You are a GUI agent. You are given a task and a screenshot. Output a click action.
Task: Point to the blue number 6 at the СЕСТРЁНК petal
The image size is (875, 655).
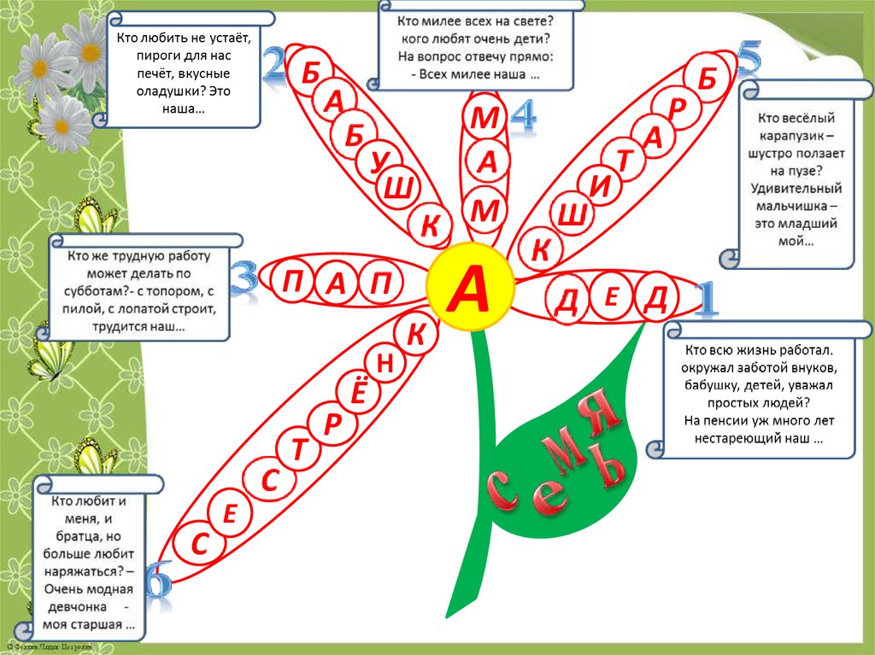pos(157,581)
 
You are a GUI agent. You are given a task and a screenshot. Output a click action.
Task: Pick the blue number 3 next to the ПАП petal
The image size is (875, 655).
pos(244,280)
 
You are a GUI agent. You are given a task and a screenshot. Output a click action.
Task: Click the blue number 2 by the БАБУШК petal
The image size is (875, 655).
pos(273,65)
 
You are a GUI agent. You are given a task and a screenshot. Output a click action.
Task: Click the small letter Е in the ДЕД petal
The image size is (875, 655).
pos(611,298)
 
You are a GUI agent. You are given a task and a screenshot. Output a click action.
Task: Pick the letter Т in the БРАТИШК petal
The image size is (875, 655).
pos(627,160)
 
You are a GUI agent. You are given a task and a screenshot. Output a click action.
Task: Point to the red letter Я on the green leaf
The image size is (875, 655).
pos(603,407)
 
